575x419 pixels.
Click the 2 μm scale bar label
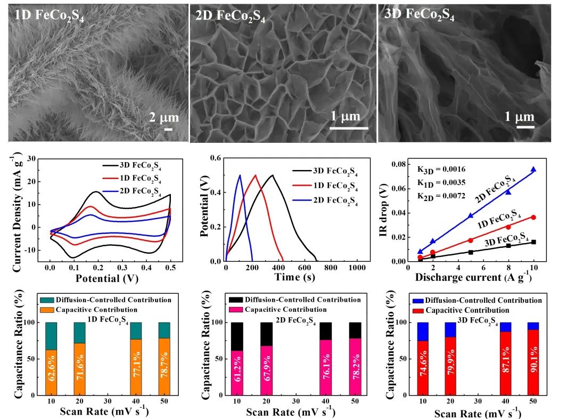(163, 117)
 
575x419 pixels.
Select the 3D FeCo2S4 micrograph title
(419, 14)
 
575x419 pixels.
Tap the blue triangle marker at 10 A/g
(533, 170)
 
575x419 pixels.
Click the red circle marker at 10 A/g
(533, 217)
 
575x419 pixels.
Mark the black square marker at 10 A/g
(533, 242)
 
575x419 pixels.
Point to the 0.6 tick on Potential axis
(216, 158)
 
